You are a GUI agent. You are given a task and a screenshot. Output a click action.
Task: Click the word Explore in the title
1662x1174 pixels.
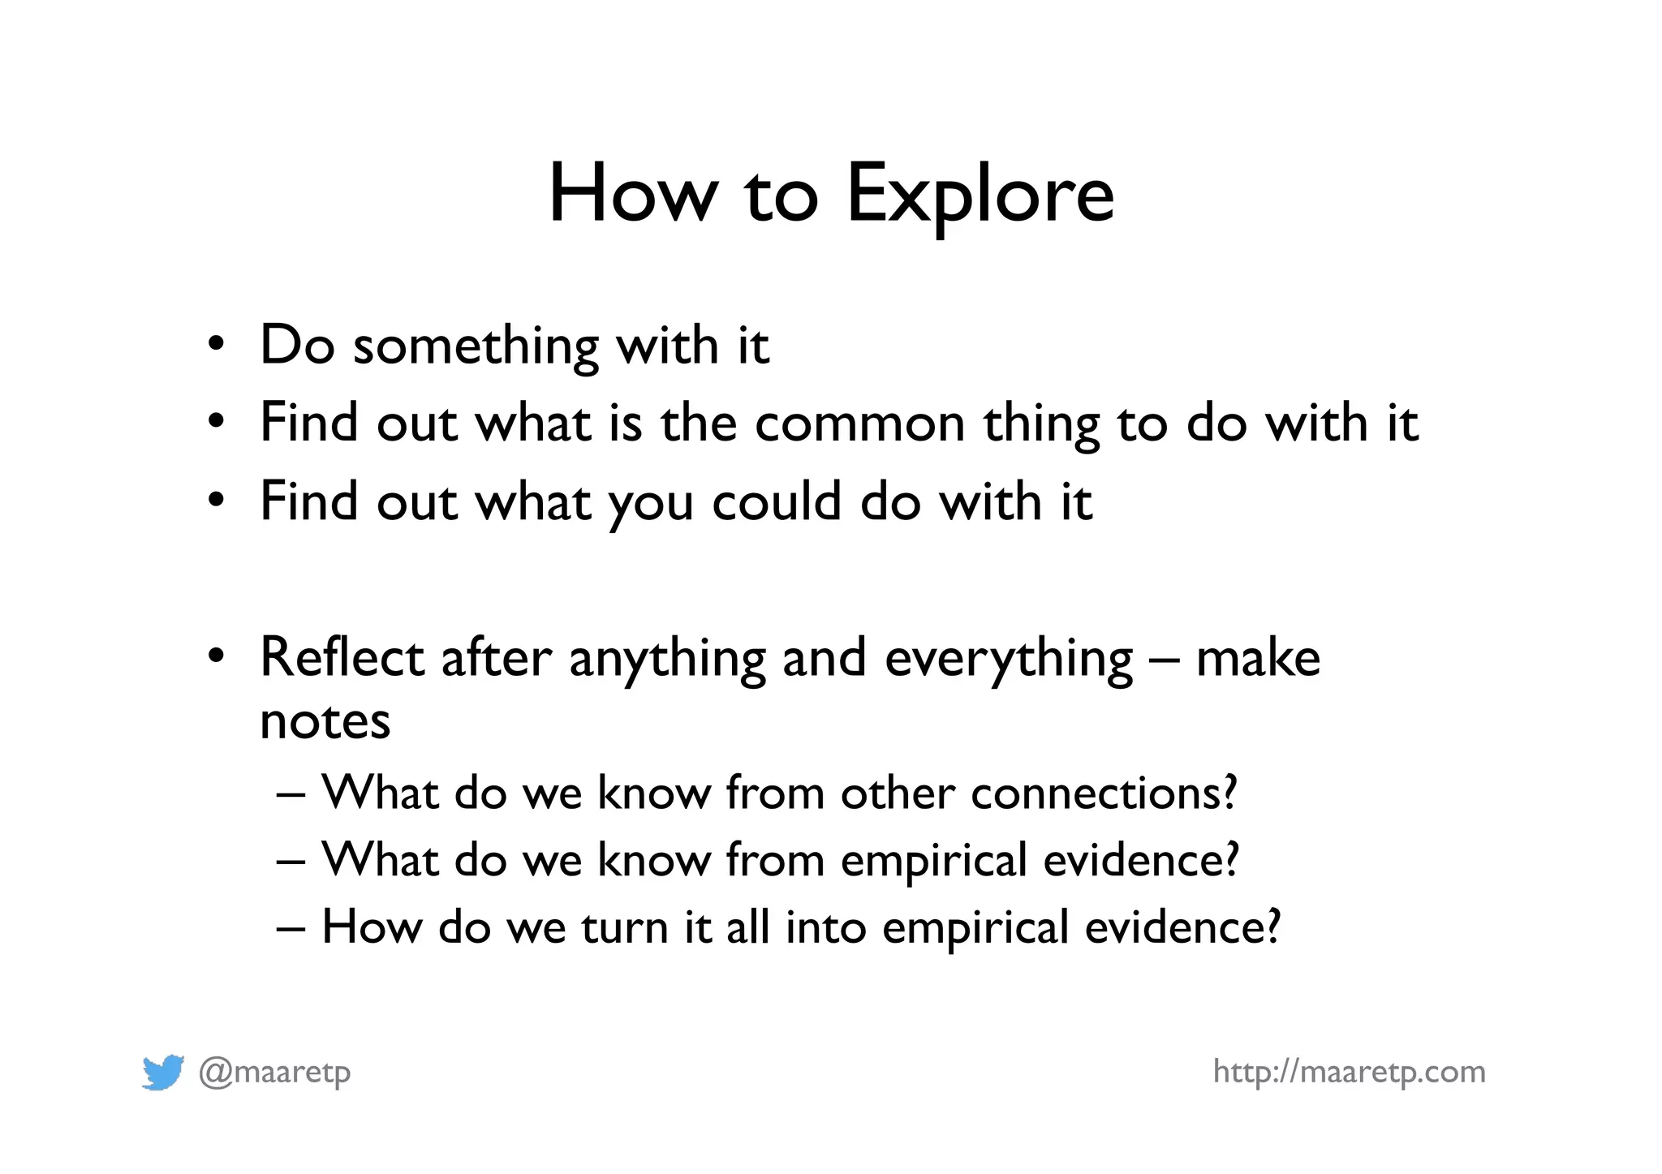pyautogui.click(x=980, y=195)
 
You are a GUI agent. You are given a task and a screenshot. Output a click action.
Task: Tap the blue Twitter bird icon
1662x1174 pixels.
pyautogui.click(x=162, y=1073)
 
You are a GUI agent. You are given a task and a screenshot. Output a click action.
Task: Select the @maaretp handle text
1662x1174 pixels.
pyautogui.click(x=274, y=1073)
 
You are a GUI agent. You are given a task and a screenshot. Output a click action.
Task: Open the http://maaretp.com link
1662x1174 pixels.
pyautogui.click(x=1349, y=1072)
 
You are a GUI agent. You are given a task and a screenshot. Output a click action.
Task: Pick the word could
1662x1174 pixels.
pyautogui.click(x=777, y=501)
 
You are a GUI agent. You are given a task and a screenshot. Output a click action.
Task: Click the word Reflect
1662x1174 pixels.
pyautogui.click(x=341, y=657)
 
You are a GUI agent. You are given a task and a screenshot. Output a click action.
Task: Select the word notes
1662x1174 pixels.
pyautogui.click(x=325, y=720)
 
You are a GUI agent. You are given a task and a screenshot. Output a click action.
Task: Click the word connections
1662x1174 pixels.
pyautogui.click(x=1104, y=793)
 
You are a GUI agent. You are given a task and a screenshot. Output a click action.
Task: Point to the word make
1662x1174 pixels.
pyautogui.click(x=1258, y=657)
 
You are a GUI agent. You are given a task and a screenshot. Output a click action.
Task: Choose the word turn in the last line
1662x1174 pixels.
pyautogui.click(x=624, y=927)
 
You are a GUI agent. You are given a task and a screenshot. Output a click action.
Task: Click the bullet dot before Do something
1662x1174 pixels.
pyautogui.click(x=215, y=344)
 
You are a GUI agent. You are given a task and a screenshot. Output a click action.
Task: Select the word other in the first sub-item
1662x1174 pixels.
pyautogui.click(x=898, y=793)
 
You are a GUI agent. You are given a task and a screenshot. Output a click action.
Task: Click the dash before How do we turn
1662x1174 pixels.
pyautogui.click(x=291, y=927)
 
